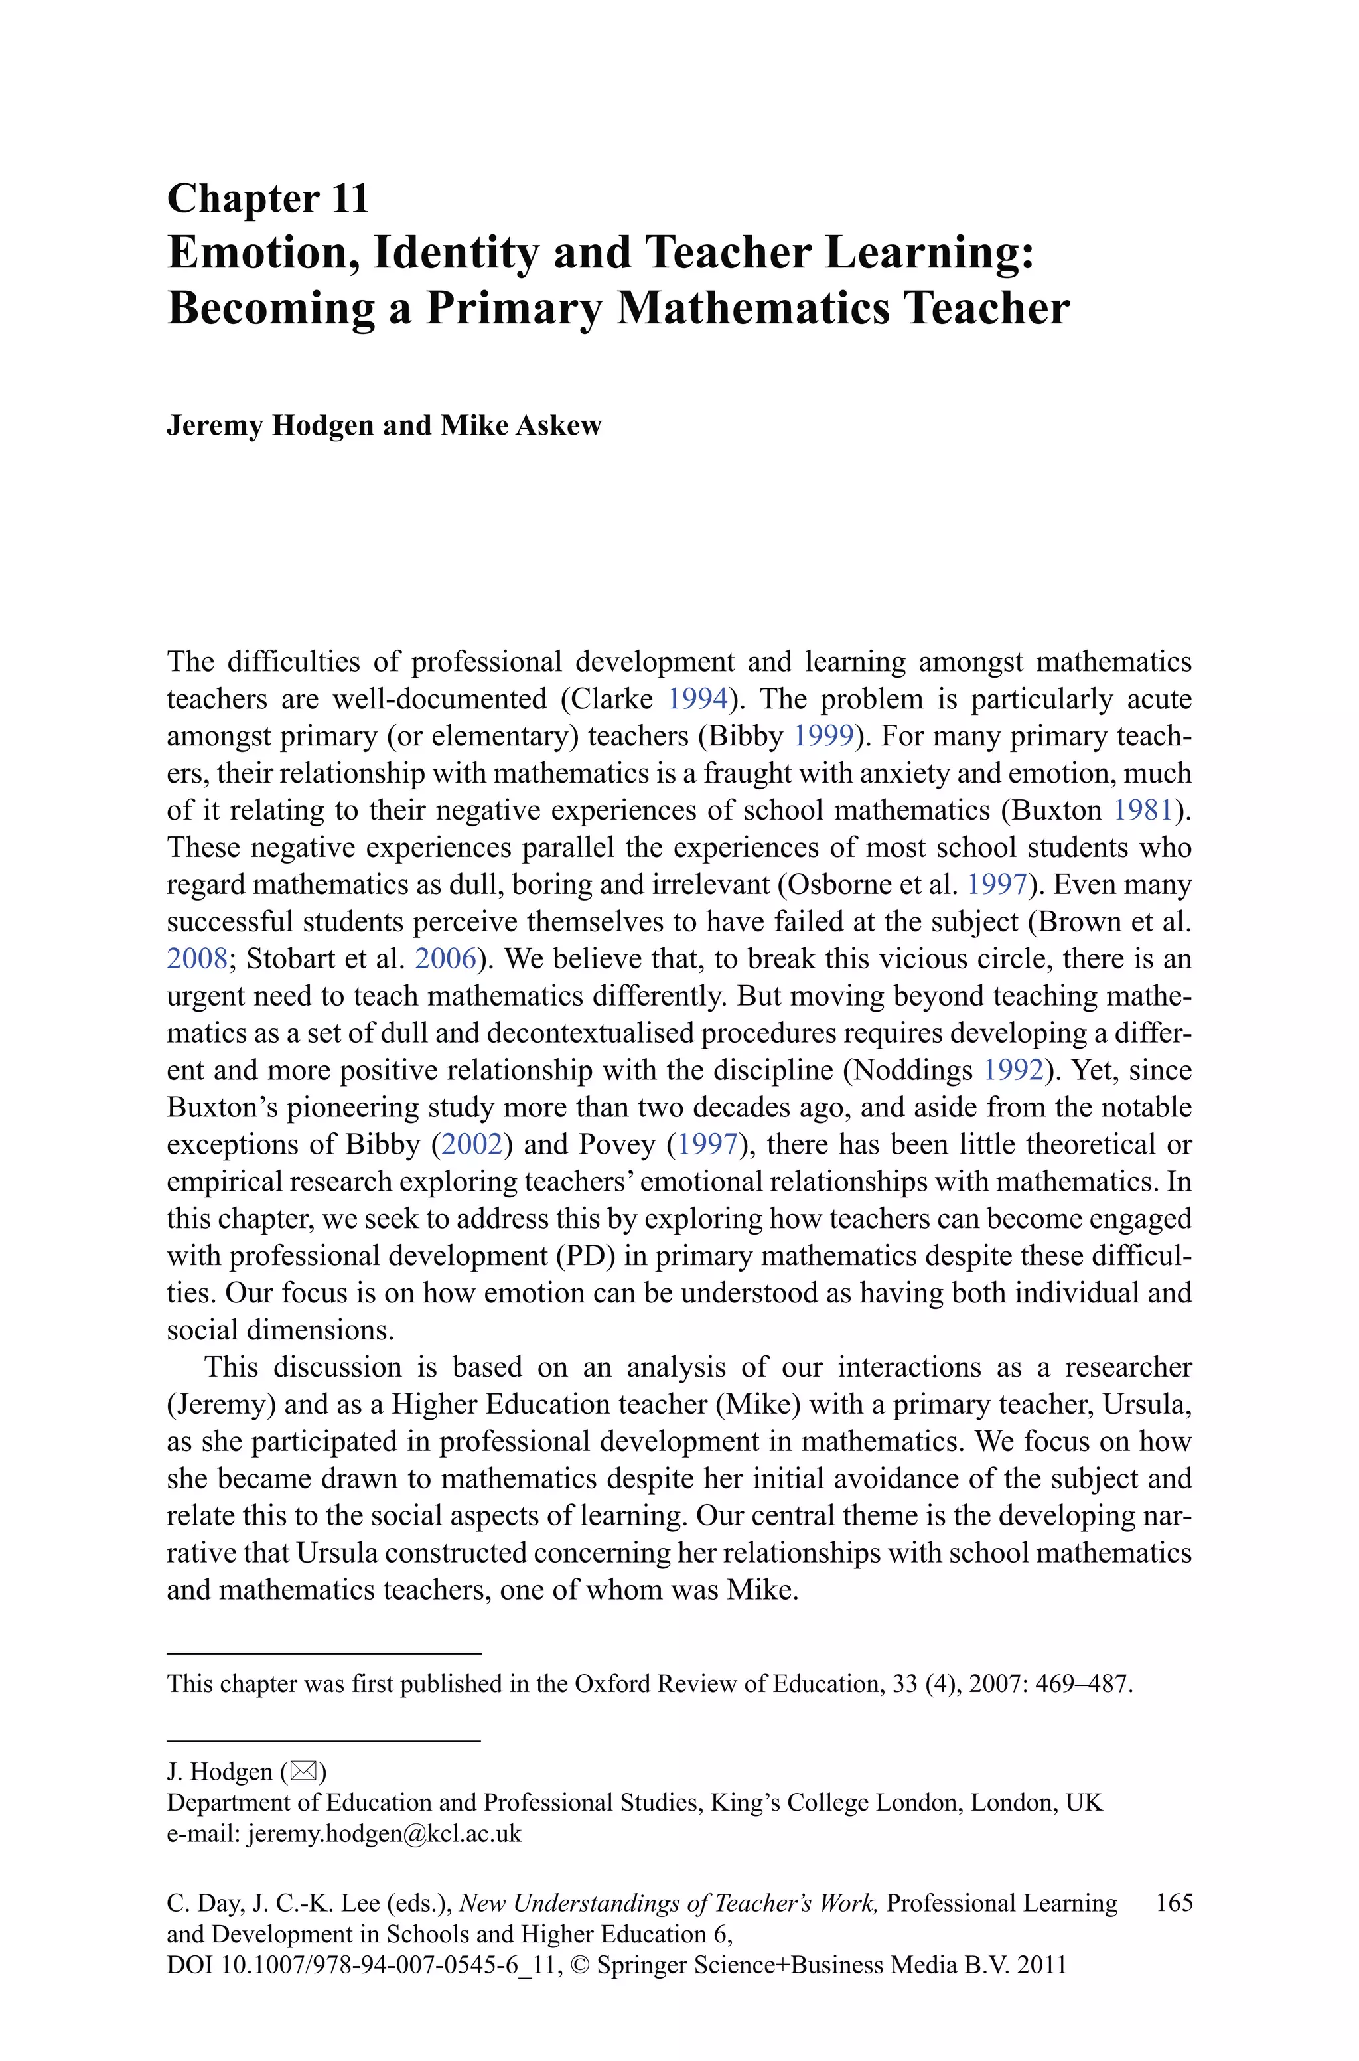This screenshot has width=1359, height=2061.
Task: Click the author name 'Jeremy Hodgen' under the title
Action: click(x=269, y=425)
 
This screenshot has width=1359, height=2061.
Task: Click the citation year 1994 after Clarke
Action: click(x=697, y=698)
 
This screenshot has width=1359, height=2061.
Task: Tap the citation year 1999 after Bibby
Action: click(x=823, y=736)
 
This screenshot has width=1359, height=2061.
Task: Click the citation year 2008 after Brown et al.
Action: click(x=196, y=958)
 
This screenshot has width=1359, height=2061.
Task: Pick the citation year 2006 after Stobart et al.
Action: click(x=445, y=958)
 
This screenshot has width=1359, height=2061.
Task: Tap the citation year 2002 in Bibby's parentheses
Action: click(x=472, y=1144)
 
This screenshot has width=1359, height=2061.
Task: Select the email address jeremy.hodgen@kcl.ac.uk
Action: click(x=384, y=1834)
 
